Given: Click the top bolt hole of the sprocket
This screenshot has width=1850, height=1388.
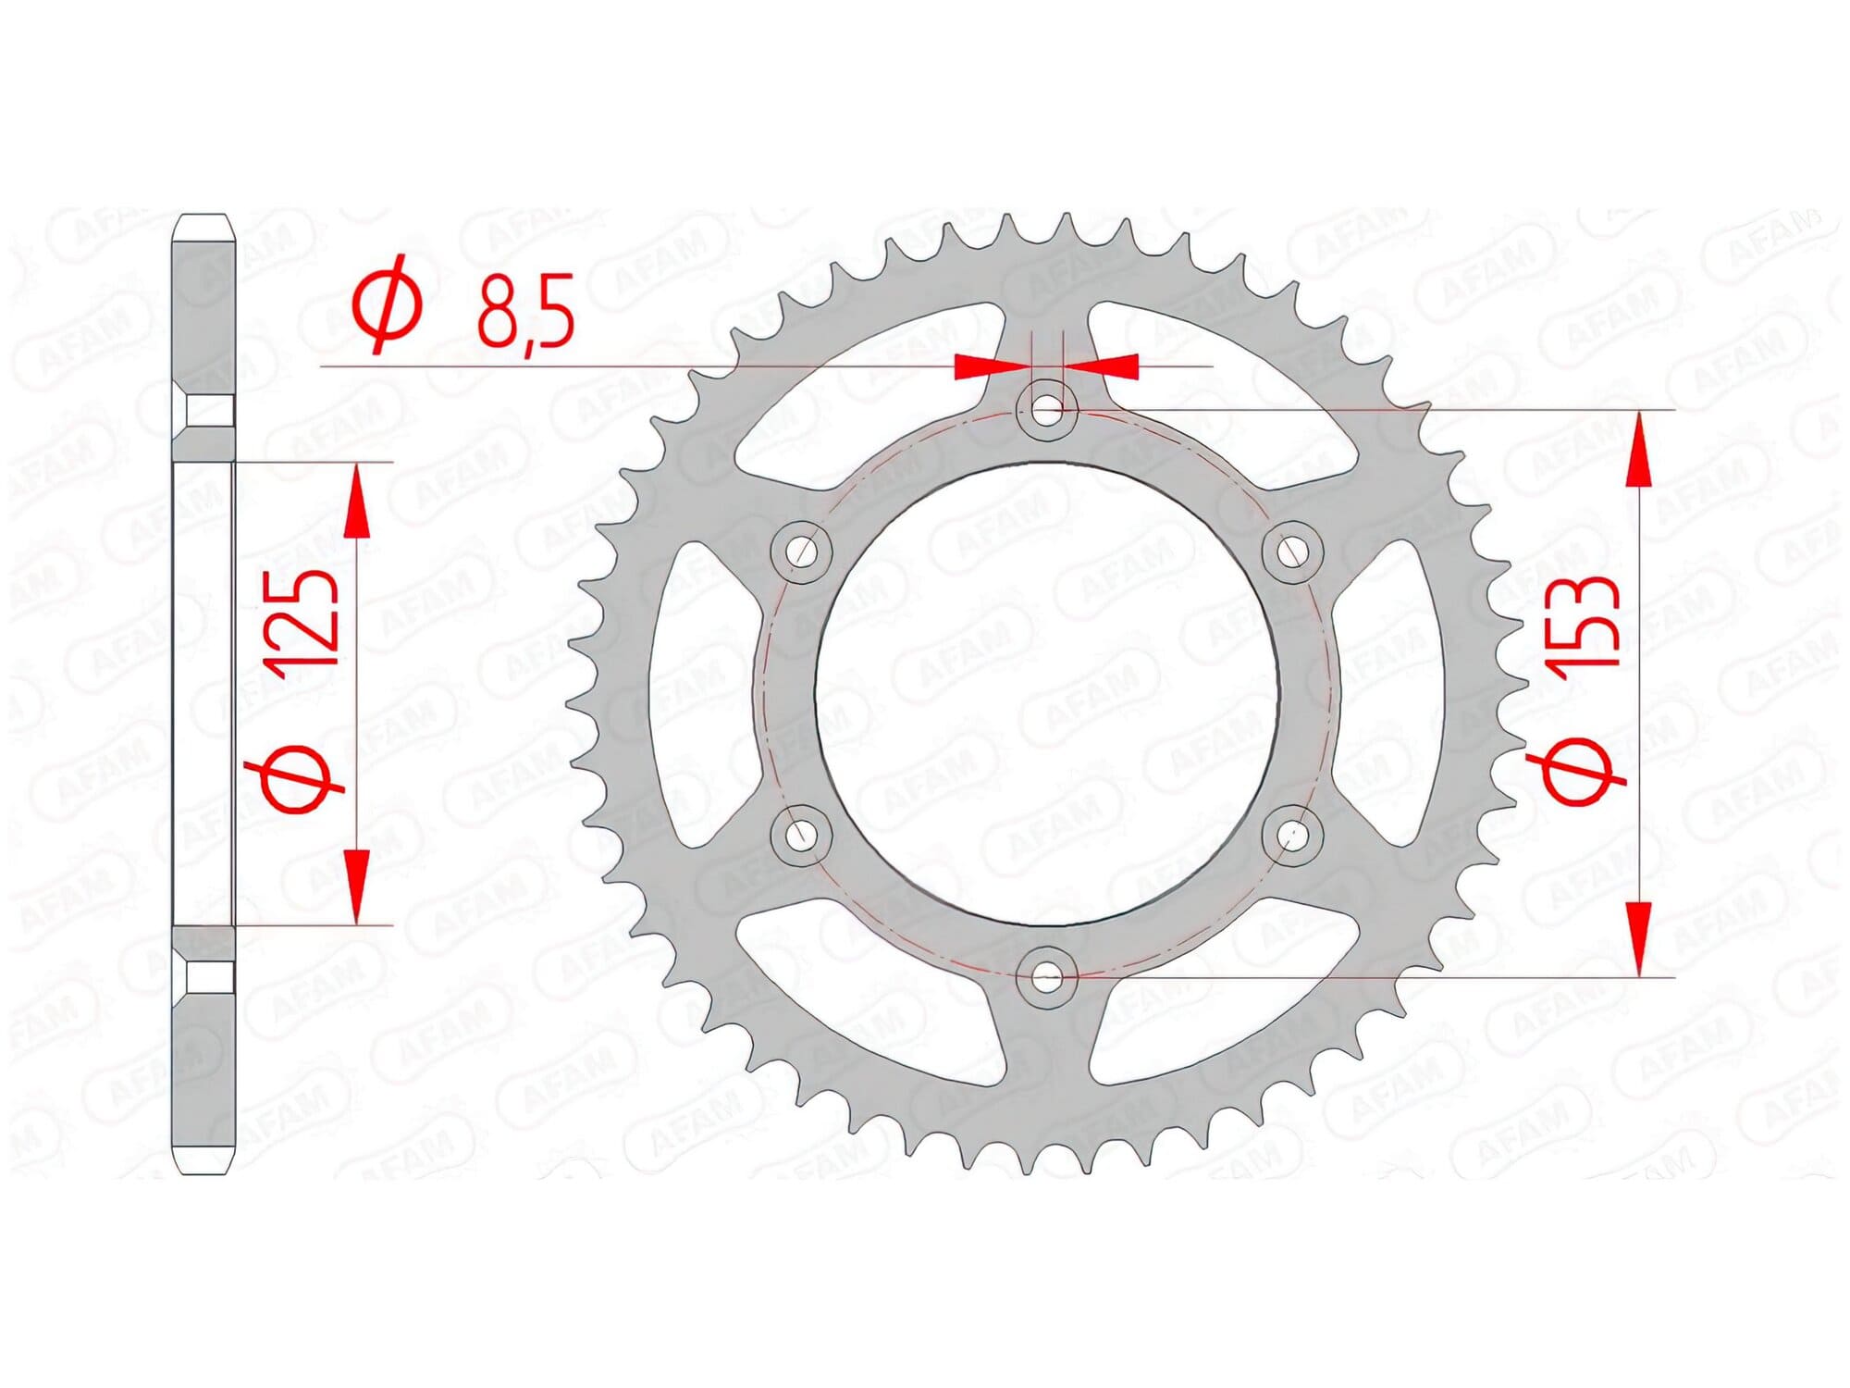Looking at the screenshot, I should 1046,410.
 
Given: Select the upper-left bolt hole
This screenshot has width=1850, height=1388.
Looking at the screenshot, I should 801,551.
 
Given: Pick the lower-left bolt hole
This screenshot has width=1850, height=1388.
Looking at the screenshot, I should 801,835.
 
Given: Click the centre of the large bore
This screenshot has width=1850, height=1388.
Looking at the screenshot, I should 1046,694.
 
